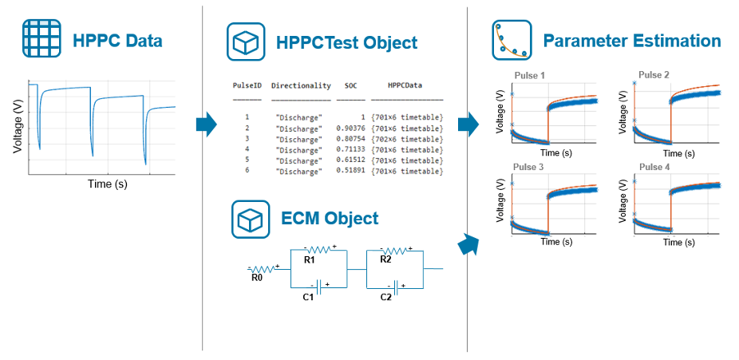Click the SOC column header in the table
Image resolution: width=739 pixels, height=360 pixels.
click(x=351, y=85)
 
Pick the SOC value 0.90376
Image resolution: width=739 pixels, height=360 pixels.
click(x=350, y=128)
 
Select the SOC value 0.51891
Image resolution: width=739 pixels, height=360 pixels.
click(x=350, y=171)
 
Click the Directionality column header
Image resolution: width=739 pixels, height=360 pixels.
click(x=300, y=85)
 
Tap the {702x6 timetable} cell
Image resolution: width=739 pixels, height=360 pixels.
click(x=407, y=138)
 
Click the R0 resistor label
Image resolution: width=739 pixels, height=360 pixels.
click(x=256, y=279)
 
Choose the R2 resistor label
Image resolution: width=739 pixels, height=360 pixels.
click(x=385, y=259)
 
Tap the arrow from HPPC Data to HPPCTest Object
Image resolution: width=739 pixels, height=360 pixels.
click(x=206, y=125)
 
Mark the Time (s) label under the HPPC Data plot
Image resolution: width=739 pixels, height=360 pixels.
click(x=107, y=184)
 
